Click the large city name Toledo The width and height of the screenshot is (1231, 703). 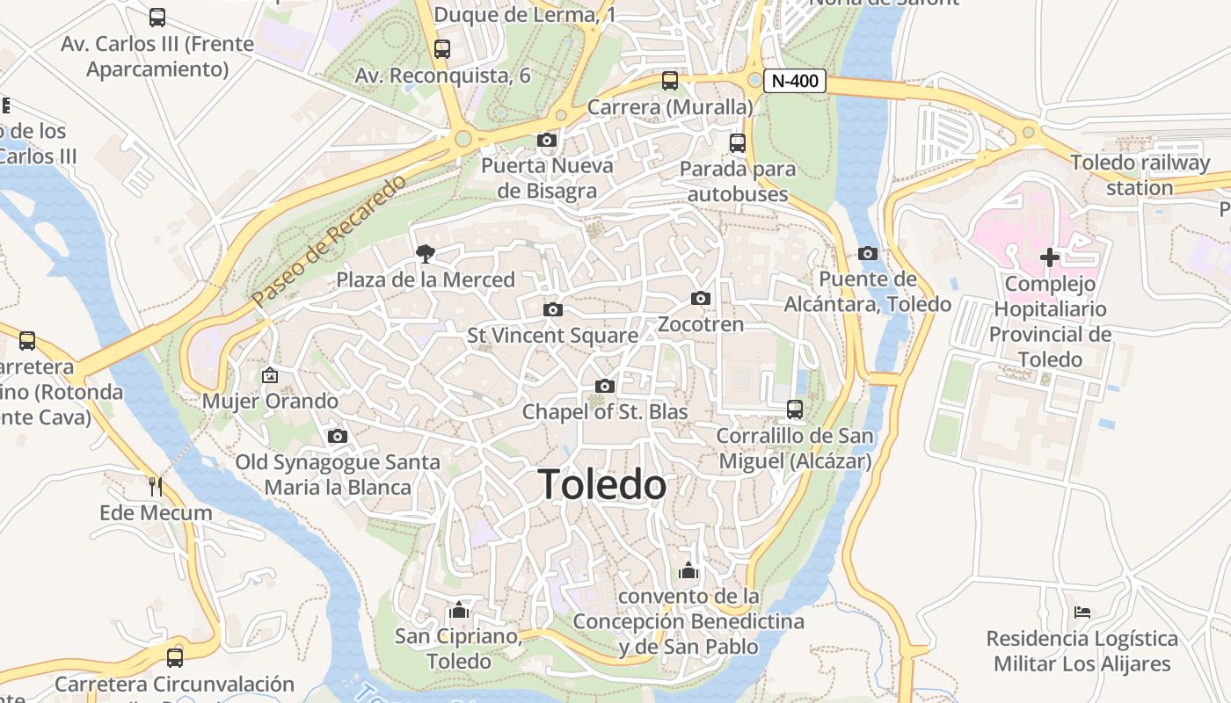coord(602,484)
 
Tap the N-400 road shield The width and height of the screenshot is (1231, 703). coord(795,82)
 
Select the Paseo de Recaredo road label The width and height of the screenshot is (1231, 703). coord(331,240)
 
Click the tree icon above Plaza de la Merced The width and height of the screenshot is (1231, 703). coord(426,254)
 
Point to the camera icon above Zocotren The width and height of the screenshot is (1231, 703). coord(701,298)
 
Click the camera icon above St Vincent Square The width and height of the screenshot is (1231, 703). coord(553,309)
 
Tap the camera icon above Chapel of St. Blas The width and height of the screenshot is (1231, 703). coord(604,386)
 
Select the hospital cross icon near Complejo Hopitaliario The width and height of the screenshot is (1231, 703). coord(1050,257)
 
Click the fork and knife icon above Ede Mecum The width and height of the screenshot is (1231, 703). coord(156,486)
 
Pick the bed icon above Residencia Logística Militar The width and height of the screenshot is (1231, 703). coord(1082,612)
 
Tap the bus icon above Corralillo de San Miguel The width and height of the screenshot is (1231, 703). coord(795,409)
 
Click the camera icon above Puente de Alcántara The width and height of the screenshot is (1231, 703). coord(868,253)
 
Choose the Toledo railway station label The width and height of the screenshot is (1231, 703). coord(1140,175)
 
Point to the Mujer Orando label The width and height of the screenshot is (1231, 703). coord(270,401)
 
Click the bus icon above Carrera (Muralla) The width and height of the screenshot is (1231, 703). coord(670,81)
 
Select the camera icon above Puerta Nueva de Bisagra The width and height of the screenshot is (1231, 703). coord(547,140)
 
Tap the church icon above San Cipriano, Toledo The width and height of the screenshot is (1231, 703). coord(459,610)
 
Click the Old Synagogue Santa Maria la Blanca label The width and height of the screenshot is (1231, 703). coord(338,475)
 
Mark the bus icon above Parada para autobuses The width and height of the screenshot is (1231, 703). coord(738,142)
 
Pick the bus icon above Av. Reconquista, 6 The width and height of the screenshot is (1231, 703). coord(442,49)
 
